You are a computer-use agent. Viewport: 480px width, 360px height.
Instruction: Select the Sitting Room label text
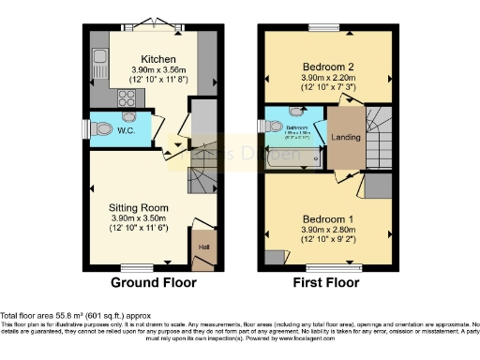pos(138,207)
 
